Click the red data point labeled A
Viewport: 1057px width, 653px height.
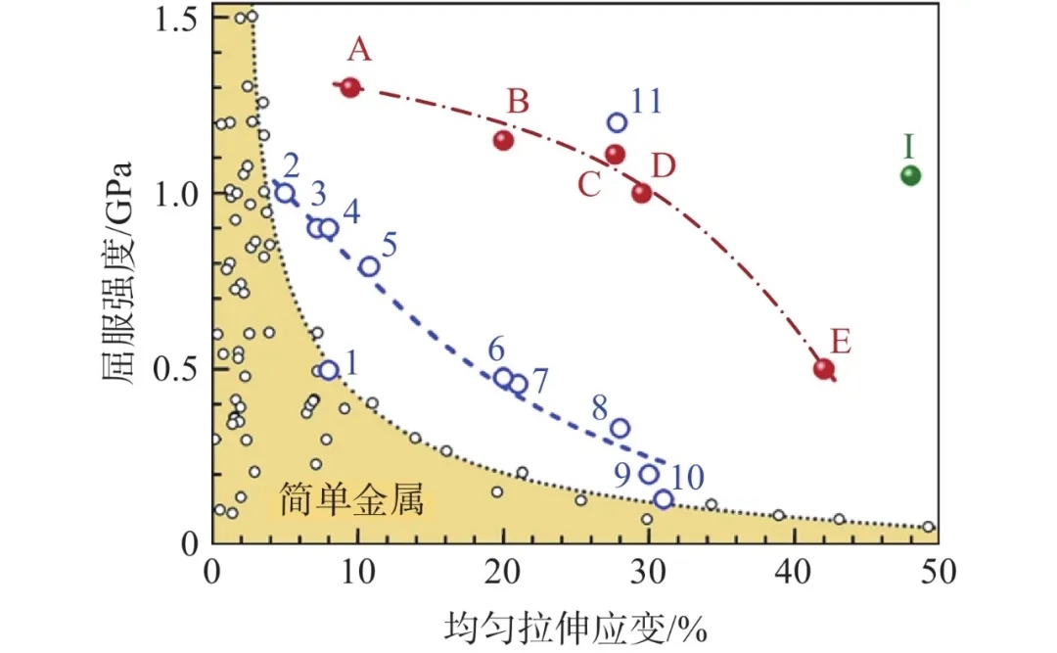351,87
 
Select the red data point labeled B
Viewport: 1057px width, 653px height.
504,140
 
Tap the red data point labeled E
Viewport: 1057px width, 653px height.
824,369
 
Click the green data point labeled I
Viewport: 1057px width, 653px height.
910,175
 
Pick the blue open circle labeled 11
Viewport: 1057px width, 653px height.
617,122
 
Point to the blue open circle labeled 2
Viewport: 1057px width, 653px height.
285,193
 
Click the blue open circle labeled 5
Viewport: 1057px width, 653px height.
369,266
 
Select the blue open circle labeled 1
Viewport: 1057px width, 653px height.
329,370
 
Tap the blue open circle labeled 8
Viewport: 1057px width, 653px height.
620,428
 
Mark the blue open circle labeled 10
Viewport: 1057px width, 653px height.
664,499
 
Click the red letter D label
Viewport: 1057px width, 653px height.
664,166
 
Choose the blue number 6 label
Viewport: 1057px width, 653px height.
496,348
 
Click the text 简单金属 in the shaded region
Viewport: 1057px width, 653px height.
349,500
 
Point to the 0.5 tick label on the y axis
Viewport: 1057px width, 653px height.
176,369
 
